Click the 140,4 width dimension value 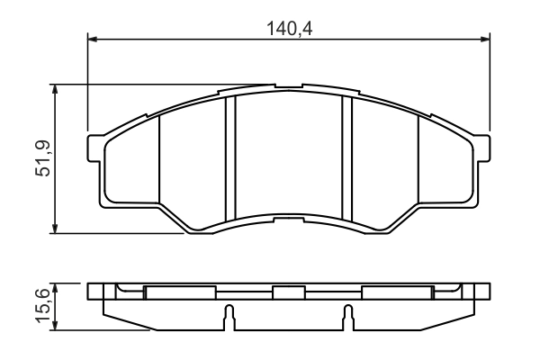point(288,27)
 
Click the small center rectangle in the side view point(288,292)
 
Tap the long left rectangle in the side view point(180,292)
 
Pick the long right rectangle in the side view point(397,292)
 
